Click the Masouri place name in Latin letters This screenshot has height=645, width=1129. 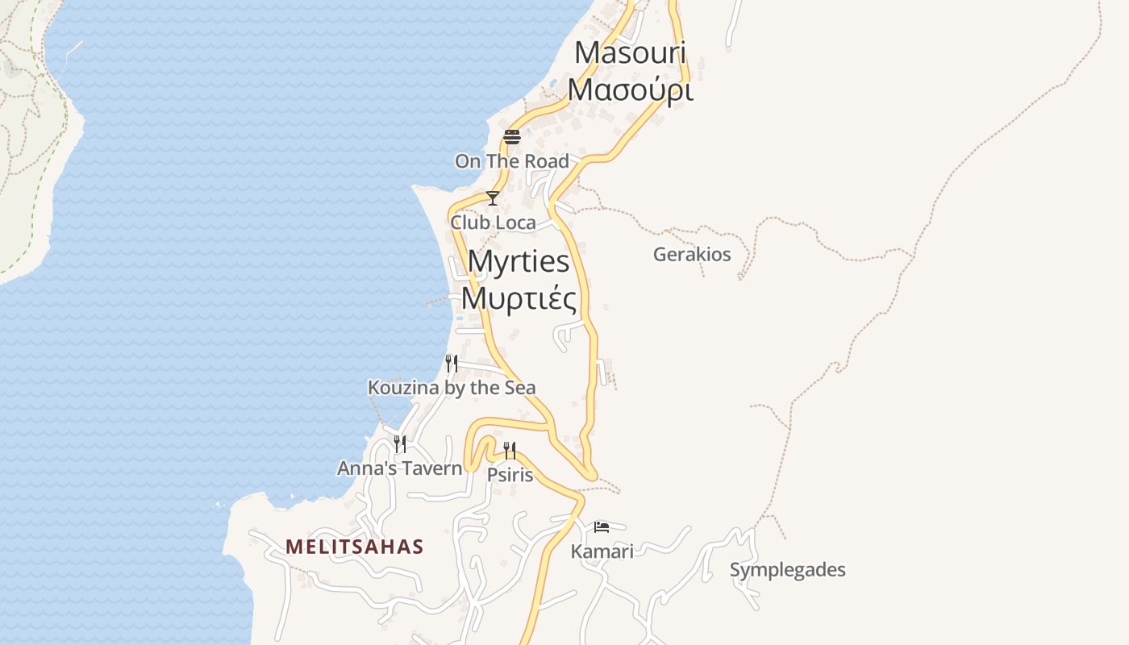(x=630, y=53)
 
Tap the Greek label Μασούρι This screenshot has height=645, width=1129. (x=630, y=89)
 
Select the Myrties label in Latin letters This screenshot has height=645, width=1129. (x=519, y=262)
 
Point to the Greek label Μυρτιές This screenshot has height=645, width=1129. (x=519, y=299)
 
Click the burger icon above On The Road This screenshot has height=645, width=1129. (x=512, y=137)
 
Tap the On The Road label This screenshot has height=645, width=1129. (x=512, y=161)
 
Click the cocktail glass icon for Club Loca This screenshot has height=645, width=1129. (x=492, y=198)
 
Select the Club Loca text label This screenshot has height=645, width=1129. (x=493, y=222)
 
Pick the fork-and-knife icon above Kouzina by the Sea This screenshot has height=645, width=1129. (x=452, y=364)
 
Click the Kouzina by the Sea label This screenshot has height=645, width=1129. (x=452, y=388)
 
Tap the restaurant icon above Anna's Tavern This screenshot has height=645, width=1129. (x=399, y=444)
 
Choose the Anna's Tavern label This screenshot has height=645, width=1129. (x=399, y=468)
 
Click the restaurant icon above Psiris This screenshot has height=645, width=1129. (x=510, y=451)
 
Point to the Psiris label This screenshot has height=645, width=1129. (x=510, y=475)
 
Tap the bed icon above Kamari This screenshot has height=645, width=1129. (x=602, y=527)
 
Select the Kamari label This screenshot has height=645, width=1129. (x=602, y=551)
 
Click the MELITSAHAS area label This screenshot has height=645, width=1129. (x=355, y=547)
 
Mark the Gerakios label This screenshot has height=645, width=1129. (x=692, y=255)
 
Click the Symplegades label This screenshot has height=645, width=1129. (x=787, y=570)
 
